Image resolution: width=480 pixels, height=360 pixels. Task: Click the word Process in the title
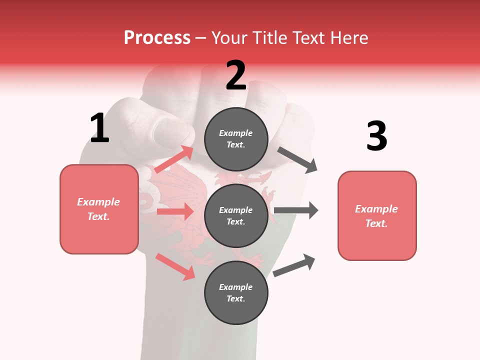pos(157,38)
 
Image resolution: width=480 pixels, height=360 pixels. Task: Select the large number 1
pos(99,128)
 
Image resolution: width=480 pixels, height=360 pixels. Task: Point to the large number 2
pos(236,75)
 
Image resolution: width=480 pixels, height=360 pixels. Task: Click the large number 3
pos(376,136)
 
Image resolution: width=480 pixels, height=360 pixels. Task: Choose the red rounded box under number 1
pos(99,209)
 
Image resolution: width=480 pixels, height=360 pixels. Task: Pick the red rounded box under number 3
pos(376,216)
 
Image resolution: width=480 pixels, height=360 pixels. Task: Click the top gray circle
pos(236,139)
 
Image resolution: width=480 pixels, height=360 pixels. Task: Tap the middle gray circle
pos(236,216)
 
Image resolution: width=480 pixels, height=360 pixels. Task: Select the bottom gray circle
pos(236,293)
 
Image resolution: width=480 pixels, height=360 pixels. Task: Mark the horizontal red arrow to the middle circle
pos(175,211)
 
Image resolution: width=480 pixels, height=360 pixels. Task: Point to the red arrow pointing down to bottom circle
pos(175,266)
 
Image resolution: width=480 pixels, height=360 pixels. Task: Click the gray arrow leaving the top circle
pos(297,159)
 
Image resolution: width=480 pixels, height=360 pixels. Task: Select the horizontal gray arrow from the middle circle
pos(296,210)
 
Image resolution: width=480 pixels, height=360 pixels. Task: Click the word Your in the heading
pos(229,38)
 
